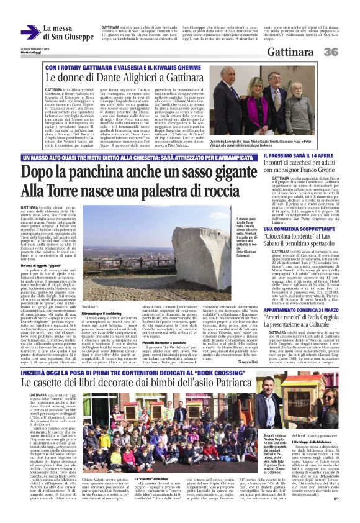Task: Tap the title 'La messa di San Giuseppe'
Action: click(68, 32)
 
